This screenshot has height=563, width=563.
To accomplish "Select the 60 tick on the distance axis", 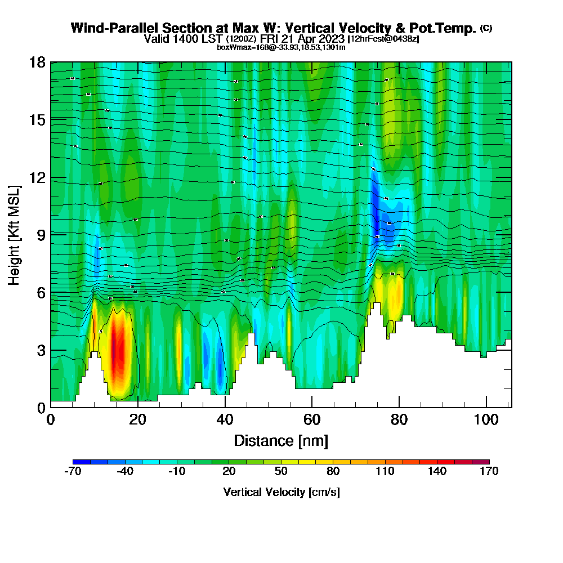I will pos(312,419).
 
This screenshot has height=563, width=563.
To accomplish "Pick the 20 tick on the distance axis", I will pos(138,419).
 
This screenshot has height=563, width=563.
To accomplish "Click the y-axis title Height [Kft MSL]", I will pos(15,234).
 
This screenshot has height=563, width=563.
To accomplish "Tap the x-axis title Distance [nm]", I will pos(281,440).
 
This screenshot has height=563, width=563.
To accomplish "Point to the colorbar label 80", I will pos(333,472).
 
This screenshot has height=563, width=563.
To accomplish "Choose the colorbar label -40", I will pos(124,472).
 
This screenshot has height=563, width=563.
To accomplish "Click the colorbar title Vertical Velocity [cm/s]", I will pos(281,492).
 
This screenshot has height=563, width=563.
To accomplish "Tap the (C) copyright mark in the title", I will pos(486,28).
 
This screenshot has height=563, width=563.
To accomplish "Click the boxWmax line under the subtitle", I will pos(281,47).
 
